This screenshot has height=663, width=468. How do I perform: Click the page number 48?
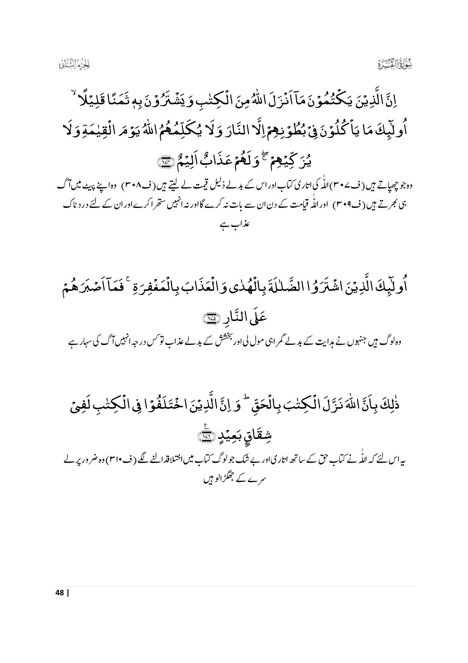click(x=59, y=603)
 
